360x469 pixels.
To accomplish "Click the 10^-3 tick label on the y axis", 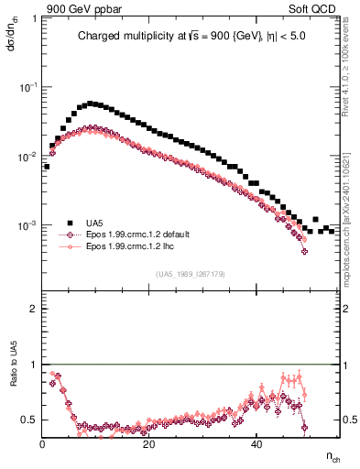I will pyautogui.click(x=28, y=225).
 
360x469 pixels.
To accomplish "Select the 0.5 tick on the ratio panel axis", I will pyautogui.click(x=29, y=420).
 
